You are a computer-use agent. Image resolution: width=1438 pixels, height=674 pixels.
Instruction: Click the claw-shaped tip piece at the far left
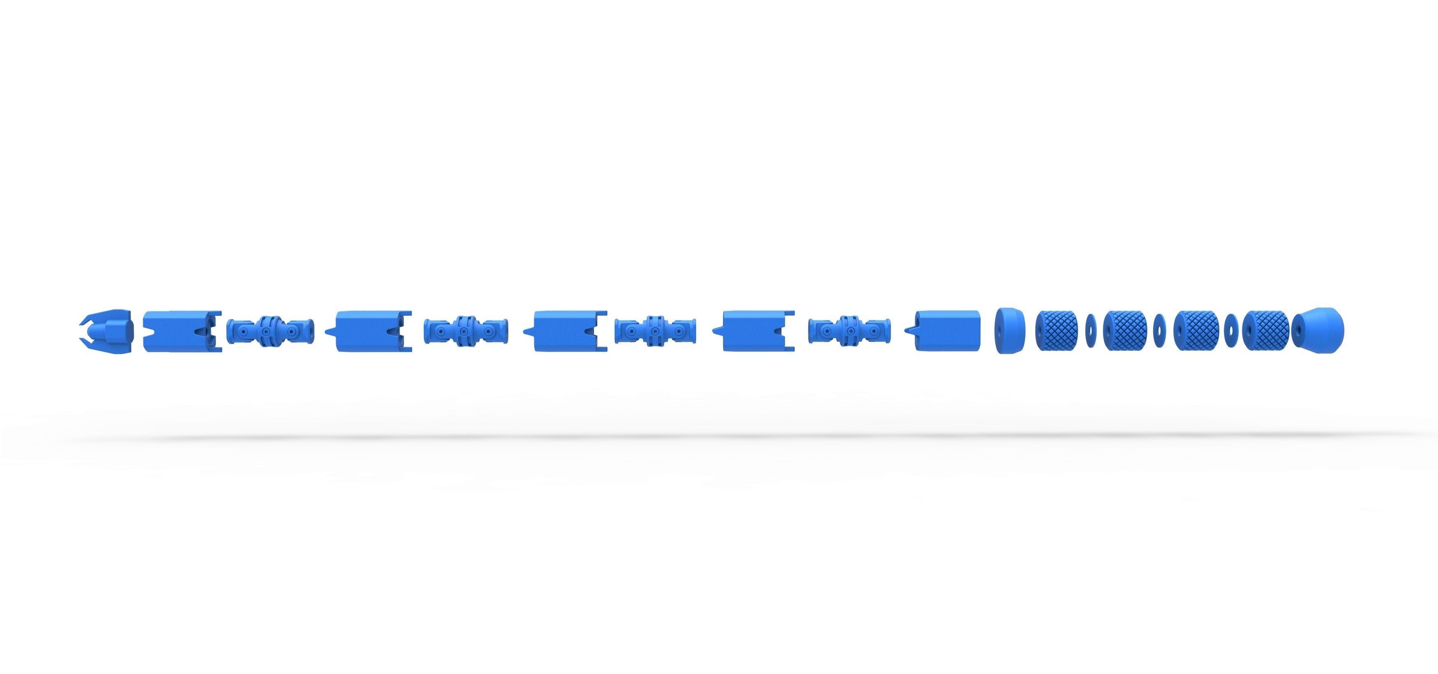[x=109, y=331]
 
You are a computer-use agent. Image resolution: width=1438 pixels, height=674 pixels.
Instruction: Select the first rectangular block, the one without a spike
[x=176, y=331]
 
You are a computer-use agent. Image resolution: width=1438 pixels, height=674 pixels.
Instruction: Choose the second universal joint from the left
[x=465, y=331]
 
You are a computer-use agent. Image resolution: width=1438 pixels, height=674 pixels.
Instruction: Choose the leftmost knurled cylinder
[x=1056, y=331]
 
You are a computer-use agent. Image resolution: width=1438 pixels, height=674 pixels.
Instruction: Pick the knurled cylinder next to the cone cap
[x=1265, y=331]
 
